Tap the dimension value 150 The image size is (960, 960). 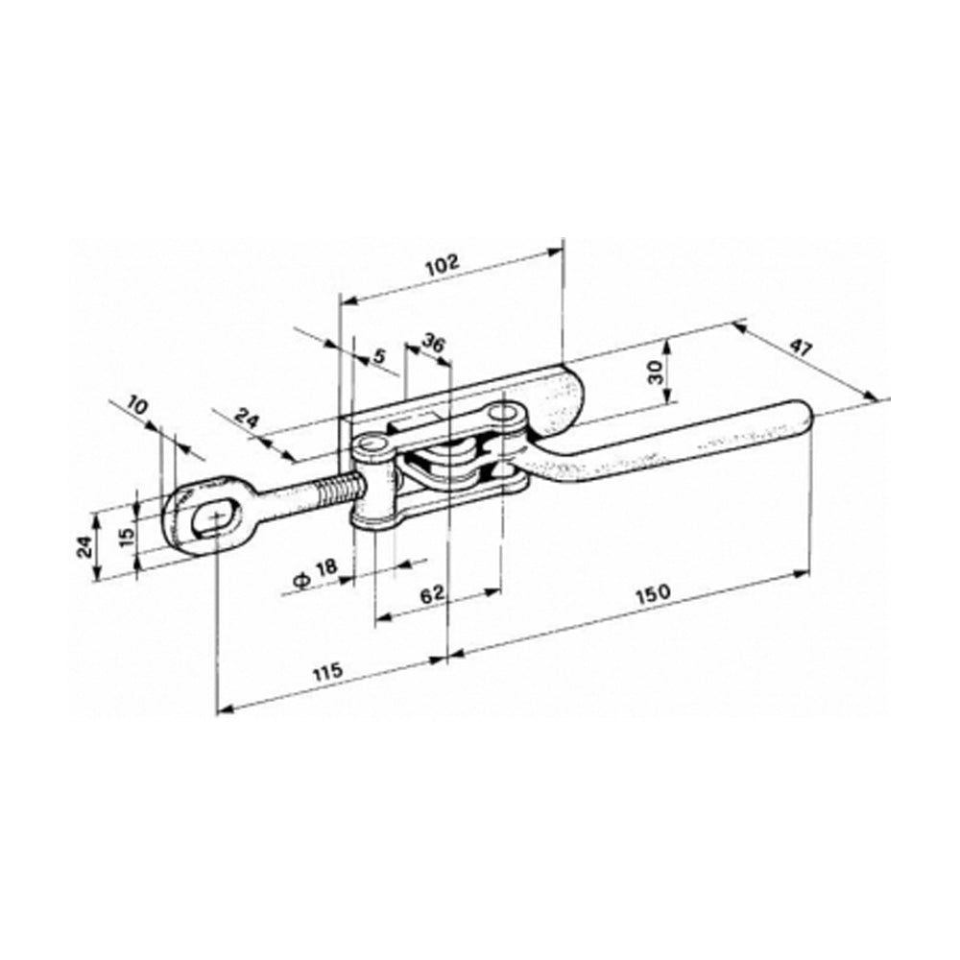pyautogui.click(x=653, y=592)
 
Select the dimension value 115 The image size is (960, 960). pyautogui.click(x=328, y=672)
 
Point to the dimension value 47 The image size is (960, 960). pyautogui.click(x=801, y=349)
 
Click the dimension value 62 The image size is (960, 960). pyautogui.click(x=433, y=593)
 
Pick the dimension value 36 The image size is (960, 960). pyautogui.click(x=433, y=344)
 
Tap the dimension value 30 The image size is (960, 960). pyautogui.click(x=656, y=372)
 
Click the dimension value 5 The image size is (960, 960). pyautogui.click(x=380, y=355)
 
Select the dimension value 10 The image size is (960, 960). pyautogui.click(x=138, y=406)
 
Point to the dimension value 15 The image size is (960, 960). pyautogui.click(x=126, y=536)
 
